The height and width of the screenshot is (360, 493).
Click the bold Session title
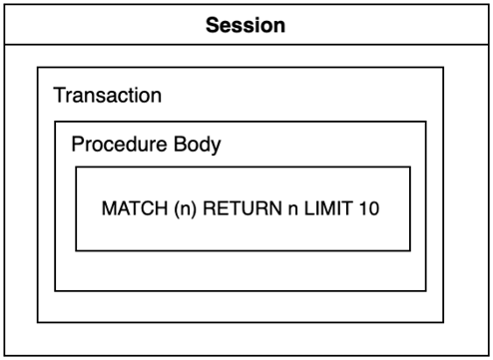point(246,25)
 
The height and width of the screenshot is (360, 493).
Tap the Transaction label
point(107,97)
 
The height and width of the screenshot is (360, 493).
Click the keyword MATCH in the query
point(128,210)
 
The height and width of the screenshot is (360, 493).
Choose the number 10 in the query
point(347,210)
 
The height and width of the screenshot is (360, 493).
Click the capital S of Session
point(212,25)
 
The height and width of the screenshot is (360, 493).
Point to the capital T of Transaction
point(58,97)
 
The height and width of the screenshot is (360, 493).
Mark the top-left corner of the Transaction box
point(38,68)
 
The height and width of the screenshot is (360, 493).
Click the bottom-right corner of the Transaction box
point(443,322)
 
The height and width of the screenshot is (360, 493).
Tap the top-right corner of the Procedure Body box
point(426,122)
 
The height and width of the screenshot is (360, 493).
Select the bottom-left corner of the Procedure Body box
point(55,290)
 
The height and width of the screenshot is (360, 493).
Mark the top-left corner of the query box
point(76,167)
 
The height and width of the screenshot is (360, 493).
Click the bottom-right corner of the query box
point(409,251)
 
